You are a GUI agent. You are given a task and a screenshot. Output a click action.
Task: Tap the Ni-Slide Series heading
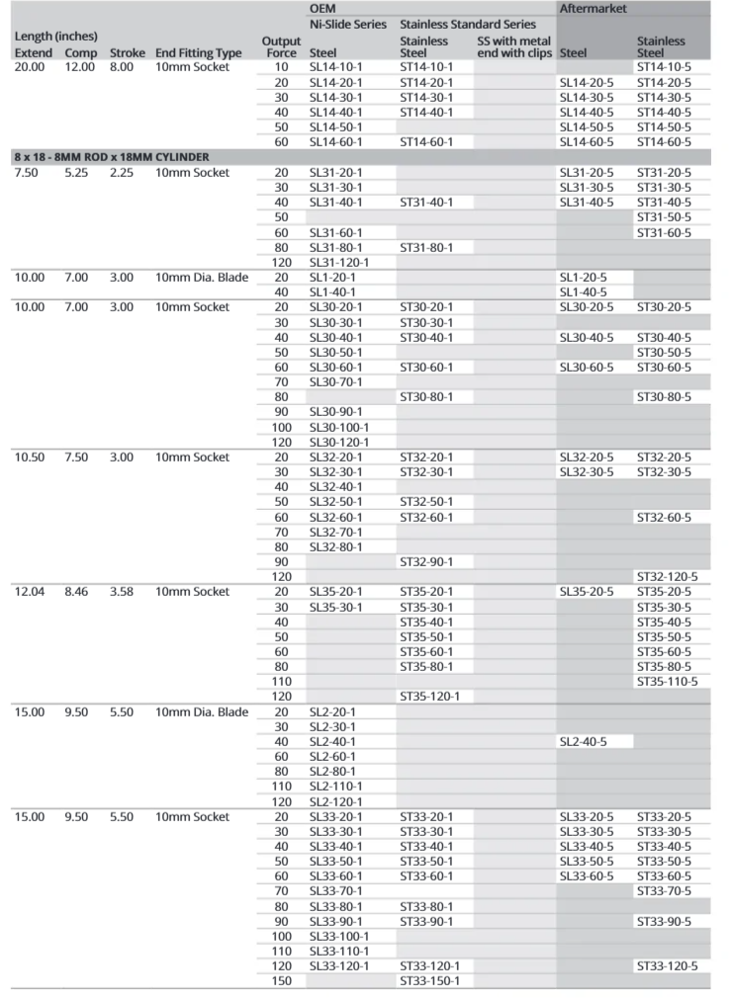(x=347, y=23)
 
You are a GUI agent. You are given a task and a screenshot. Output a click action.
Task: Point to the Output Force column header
(x=281, y=46)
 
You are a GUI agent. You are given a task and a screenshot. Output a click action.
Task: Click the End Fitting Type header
(x=198, y=52)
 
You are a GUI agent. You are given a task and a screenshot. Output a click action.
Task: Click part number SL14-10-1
(x=335, y=67)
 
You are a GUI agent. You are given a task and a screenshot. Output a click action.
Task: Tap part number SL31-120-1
(x=339, y=262)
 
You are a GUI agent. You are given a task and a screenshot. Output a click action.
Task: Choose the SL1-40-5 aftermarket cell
(x=584, y=292)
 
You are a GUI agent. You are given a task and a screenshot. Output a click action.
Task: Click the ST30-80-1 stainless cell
(x=426, y=396)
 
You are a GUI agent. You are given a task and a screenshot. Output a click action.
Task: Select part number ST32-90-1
(x=426, y=561)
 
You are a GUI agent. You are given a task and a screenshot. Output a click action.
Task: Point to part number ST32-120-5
(x=667, y=576)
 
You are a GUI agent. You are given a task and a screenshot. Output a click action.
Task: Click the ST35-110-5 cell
(x=667, y=681)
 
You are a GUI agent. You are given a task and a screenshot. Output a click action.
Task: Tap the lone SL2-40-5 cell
(x=584, y=741)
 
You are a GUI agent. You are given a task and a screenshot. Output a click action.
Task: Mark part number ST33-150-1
(x=429, y=980)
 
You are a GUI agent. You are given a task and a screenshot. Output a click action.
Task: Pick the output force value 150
(x=281, y=980)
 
